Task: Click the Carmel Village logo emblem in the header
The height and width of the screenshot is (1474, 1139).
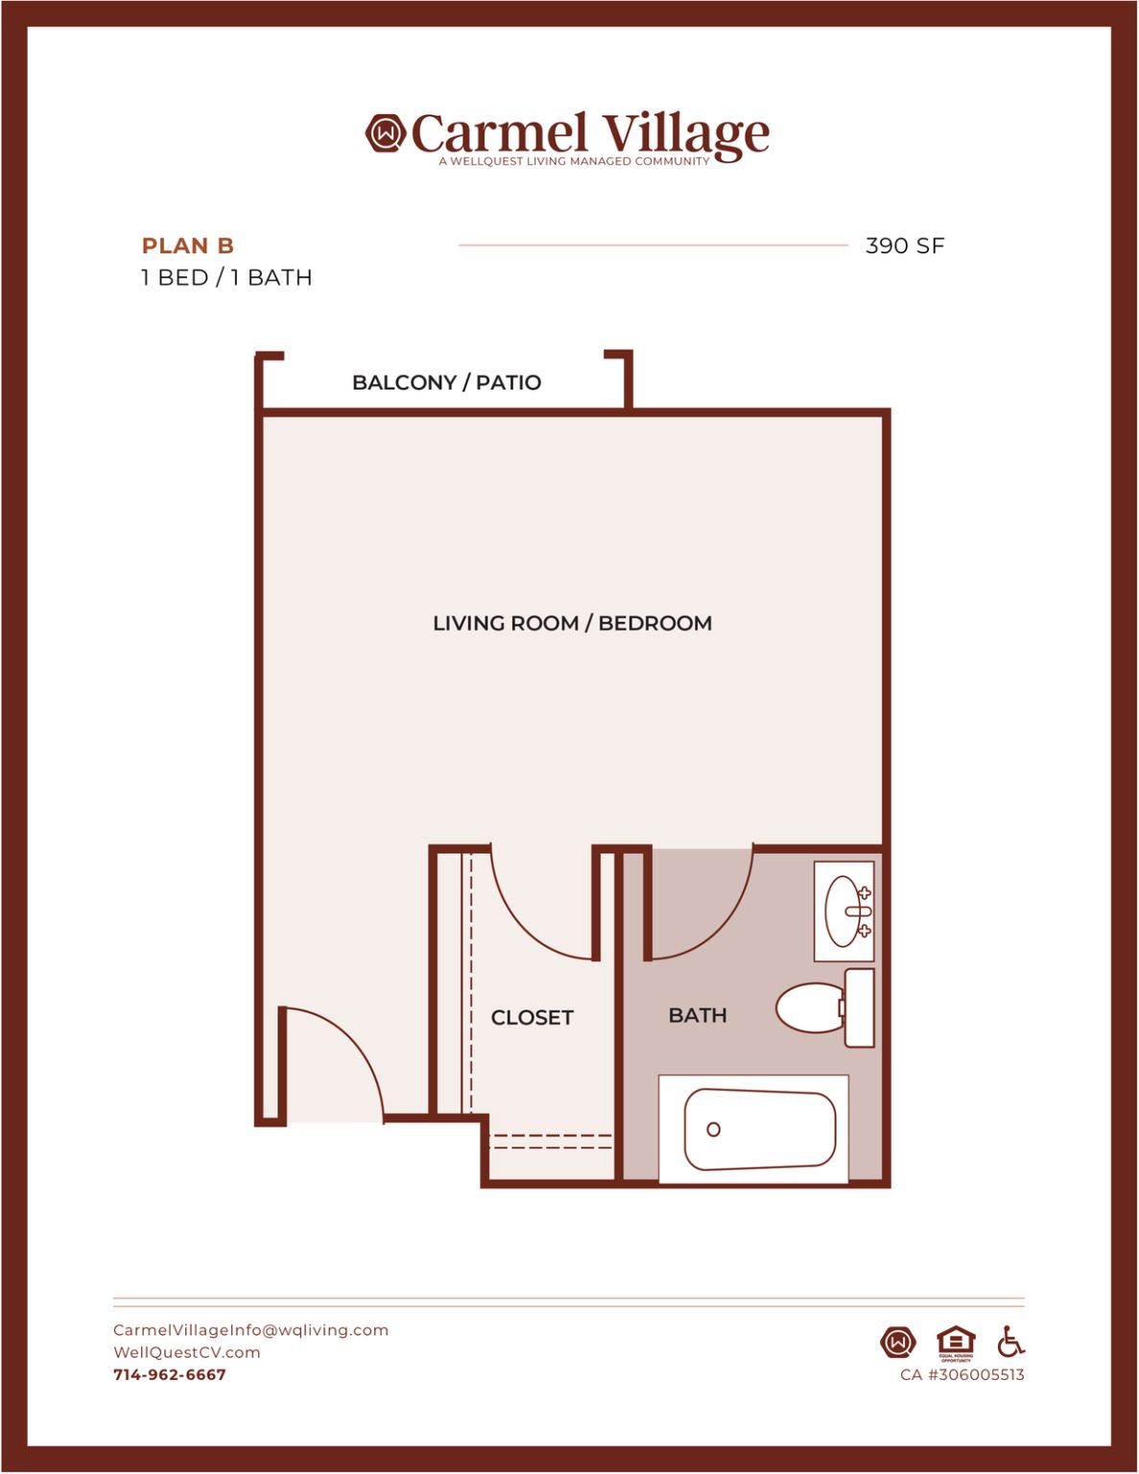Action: [385, 133]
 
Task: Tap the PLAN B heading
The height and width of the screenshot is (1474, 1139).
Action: [188, 246]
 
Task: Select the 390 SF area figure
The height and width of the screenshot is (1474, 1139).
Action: [905, 246]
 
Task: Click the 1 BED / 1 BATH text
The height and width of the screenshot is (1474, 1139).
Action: [226, 277]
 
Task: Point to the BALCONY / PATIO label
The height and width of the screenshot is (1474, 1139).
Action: [447, 383]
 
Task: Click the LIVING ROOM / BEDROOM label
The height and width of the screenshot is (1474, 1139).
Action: [572, 624]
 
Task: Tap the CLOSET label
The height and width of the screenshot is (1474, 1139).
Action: [533, 1017]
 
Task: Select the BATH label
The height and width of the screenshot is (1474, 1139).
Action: [698, 1015]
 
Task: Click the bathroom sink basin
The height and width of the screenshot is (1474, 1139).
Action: [842, 911]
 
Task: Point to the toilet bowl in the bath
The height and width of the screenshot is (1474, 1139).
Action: [809, 1008]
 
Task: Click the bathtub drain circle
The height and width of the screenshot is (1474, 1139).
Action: [713, 1129]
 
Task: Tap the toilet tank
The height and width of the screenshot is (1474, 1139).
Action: [859, 1008]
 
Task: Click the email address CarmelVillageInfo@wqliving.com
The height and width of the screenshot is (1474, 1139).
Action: [250, 1330]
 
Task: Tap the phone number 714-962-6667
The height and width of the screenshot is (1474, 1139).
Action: [170, 1375]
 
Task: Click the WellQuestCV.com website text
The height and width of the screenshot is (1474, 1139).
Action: [186, 1352]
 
